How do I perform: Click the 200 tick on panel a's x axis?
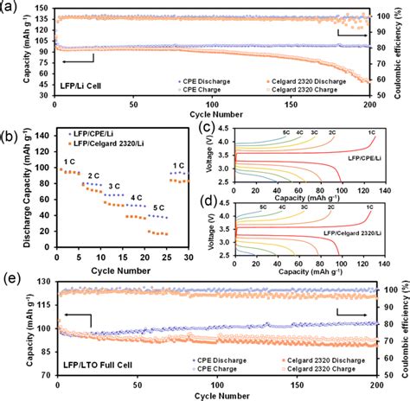(370, 106)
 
